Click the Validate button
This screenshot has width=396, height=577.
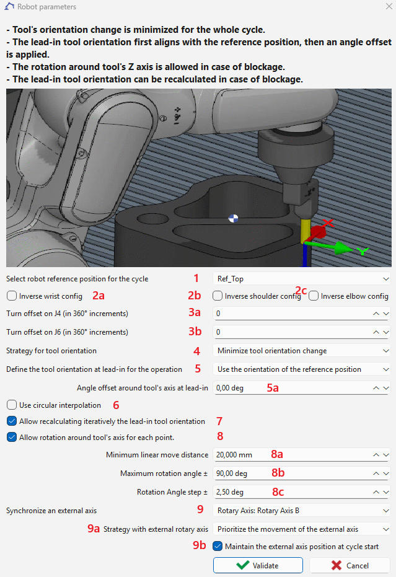click(x=258, y=565)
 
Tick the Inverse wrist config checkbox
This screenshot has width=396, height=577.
click(x=12, y=296)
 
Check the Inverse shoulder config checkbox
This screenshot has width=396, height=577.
click(x=217, y=296)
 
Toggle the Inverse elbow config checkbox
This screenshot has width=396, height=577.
click(x=314, y=296)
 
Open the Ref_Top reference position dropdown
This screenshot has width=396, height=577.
click(x=301, y=279)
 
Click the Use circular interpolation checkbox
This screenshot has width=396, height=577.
click(x=12, y=405)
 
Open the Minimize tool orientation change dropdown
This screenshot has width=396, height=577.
click(x=301, y=351)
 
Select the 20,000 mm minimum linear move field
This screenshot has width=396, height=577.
click(x=291, y=455)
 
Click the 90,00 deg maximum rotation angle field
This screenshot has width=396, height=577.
click(x=291, y=473)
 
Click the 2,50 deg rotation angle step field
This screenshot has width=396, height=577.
click(x=291, y=492)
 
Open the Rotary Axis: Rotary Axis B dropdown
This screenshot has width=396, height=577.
click(x=301, y=511)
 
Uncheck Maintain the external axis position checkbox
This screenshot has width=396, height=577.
click(x=217, y=547)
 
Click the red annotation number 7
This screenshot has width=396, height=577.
click(x=219, y=421)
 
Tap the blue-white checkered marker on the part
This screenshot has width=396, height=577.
click(x=233, y=218)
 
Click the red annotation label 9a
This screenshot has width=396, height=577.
click(x=94, y=529)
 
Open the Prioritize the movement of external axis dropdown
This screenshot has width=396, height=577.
click(x=301, y=529)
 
